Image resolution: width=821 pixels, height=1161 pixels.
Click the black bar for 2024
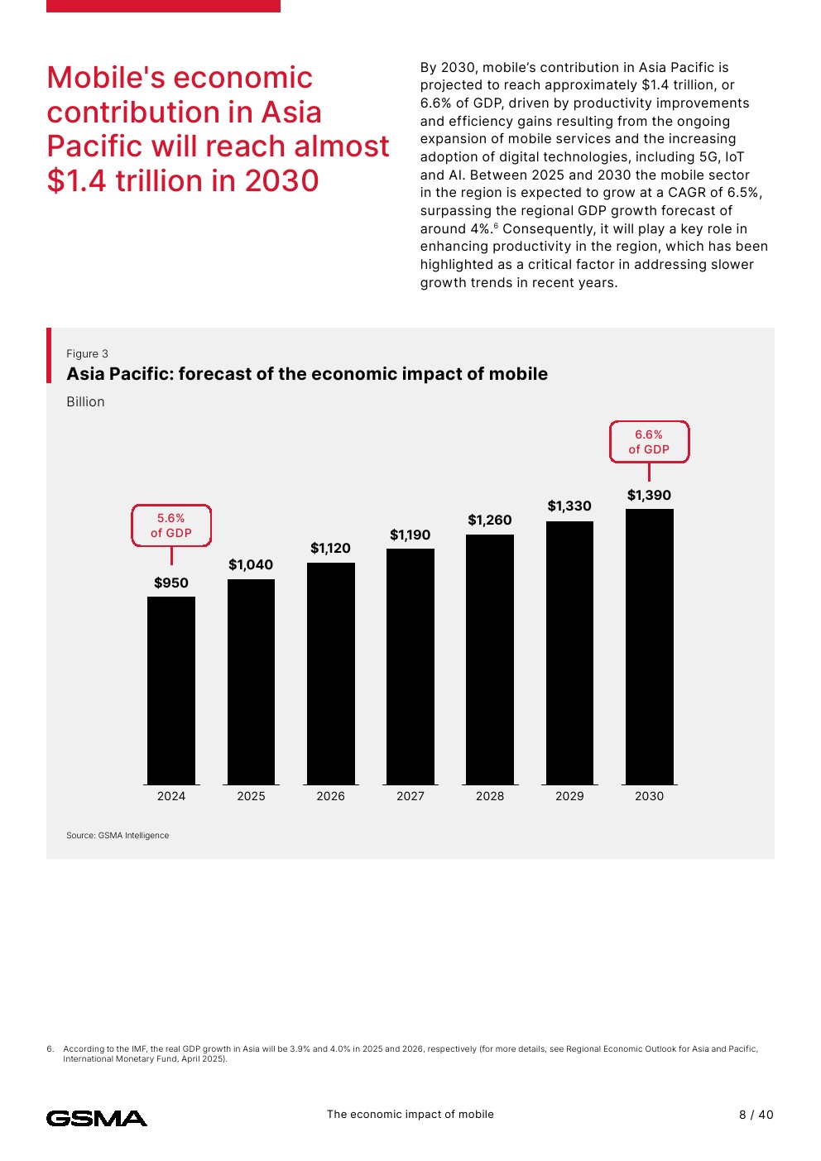[x=171, y=690]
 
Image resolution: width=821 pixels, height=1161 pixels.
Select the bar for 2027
[x=410, y=666]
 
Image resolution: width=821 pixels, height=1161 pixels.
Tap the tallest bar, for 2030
[x=650, y=646]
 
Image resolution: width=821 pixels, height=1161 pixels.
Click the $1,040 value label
[x=251, y=565]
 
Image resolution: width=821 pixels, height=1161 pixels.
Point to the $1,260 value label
[x=490, y=521]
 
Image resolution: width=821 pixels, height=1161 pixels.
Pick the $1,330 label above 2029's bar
[x=569, y=506]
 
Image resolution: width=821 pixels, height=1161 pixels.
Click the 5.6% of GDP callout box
[x=171, y=525]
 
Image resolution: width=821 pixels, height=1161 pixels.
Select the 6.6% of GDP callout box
[x=649, y=442]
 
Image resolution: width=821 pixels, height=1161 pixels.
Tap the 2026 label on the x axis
[x=330, y=796]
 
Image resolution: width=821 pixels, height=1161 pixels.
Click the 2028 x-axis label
[x=490, y=796]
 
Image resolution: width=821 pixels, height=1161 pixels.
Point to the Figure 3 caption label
[x=87, y=354]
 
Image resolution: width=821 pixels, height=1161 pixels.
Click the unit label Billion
[x=85, y=402]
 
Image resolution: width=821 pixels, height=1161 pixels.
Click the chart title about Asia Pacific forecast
[x=307, y=374]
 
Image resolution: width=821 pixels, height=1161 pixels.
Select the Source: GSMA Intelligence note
[x=118, y=836]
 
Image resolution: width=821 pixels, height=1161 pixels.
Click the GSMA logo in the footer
[x=97, y=1119]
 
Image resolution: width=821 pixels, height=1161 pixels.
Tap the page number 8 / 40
[x=756, y=1115]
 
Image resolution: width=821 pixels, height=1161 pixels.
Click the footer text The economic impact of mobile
[x=410, y=1115]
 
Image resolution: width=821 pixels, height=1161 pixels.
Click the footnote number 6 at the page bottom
[x=50, y=1049]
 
